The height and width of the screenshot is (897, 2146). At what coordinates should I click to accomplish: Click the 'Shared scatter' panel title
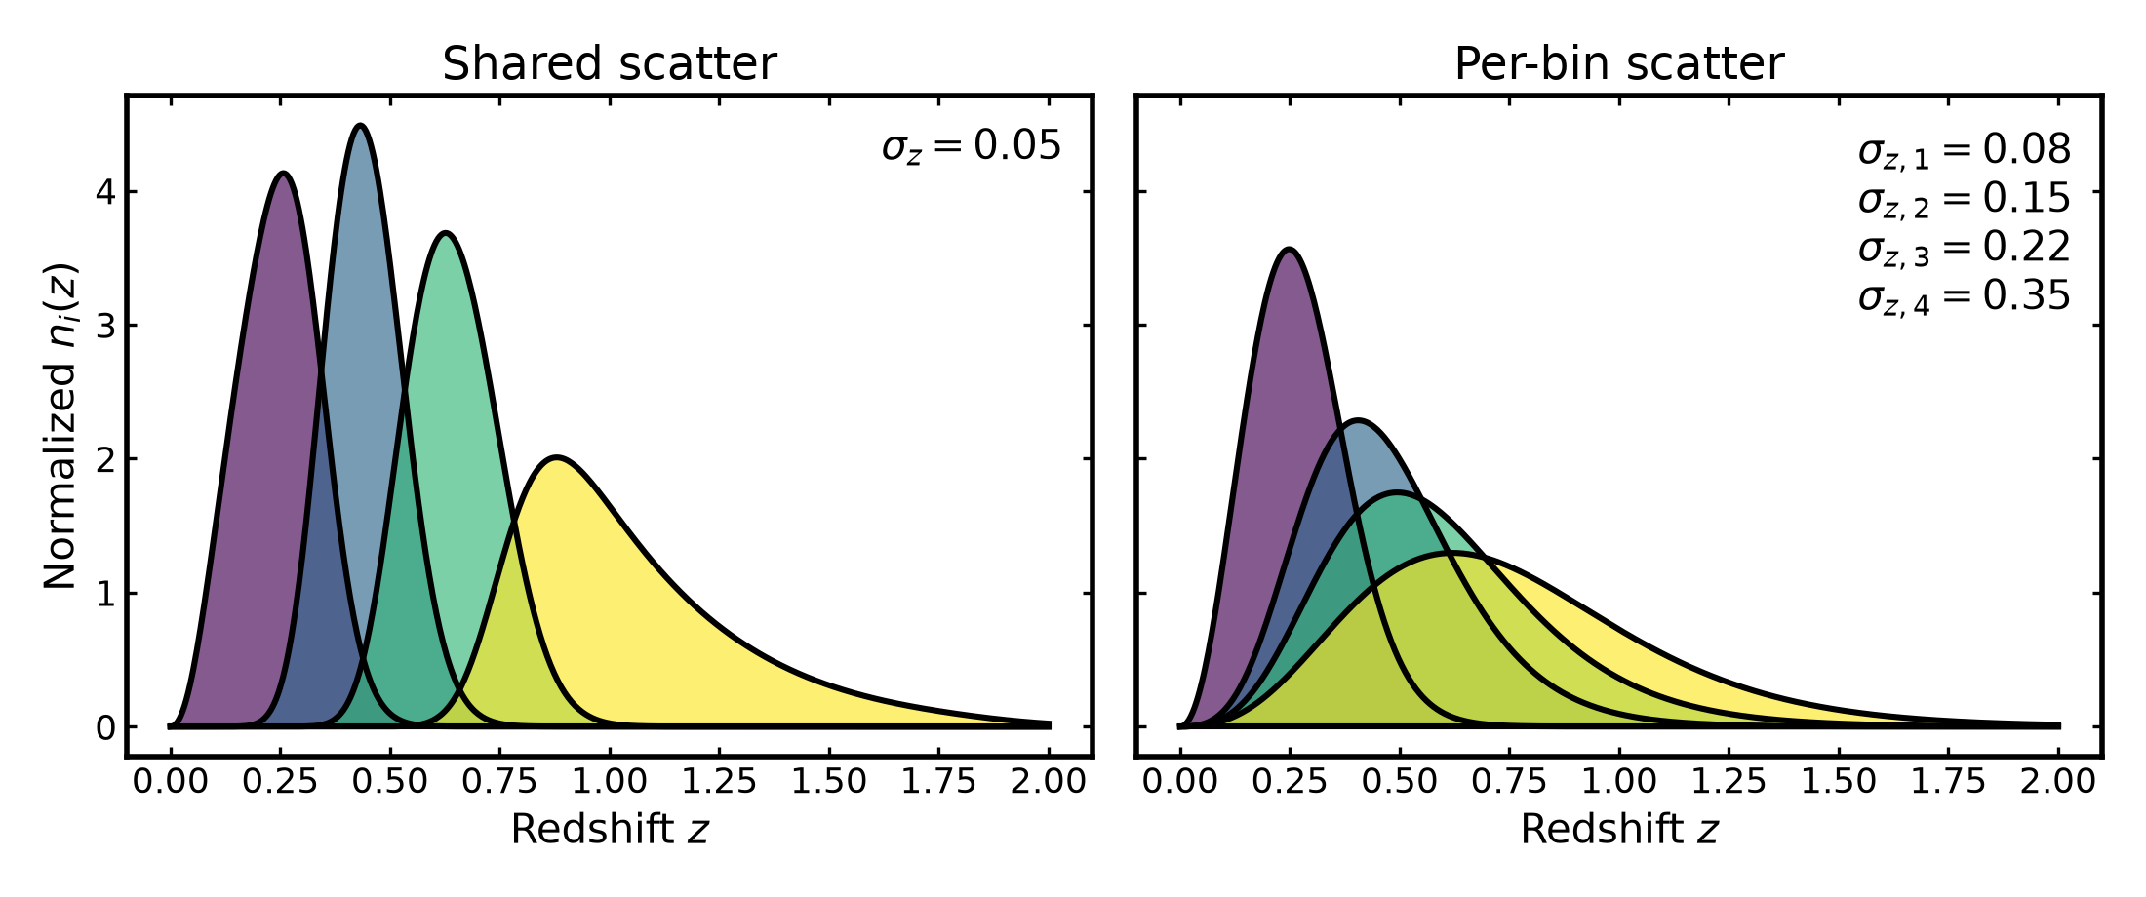point(610,64)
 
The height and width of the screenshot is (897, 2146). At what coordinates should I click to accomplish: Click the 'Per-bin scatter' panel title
point(1619,64)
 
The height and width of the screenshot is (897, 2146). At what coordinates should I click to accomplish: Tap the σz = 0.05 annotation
point(972,146)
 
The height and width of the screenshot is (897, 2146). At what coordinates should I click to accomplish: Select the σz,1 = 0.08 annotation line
point(1964,150)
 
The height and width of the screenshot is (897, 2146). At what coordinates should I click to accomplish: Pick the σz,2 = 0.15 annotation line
point(1964,199)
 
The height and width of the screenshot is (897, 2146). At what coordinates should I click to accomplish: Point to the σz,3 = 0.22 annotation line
point(1964,248)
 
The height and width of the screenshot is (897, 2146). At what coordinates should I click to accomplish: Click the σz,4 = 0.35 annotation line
point(1964,296)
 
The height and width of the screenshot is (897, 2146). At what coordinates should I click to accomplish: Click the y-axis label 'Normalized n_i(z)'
point(60,426)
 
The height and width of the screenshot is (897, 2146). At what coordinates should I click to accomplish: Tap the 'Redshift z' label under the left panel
point(610,830)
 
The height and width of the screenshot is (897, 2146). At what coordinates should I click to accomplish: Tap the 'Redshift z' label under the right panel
point(1619,830)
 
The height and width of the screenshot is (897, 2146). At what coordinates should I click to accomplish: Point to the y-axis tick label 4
point(105,192)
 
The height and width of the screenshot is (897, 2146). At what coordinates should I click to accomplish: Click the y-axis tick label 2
point(105,459)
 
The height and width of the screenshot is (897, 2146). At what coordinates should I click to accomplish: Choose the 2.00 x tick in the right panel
point(2058,782)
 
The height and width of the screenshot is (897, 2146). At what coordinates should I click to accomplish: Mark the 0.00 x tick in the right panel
point(1180,782)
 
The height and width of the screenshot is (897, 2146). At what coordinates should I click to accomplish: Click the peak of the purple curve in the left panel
point(283,174)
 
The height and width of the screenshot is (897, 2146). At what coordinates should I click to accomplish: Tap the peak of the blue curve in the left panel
point(361,126)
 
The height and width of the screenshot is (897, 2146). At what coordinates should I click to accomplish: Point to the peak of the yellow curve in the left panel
point(556,457)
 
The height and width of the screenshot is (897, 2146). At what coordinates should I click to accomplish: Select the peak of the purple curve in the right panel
point(1290,250)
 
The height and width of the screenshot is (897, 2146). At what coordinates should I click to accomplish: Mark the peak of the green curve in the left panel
point(446,233)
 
